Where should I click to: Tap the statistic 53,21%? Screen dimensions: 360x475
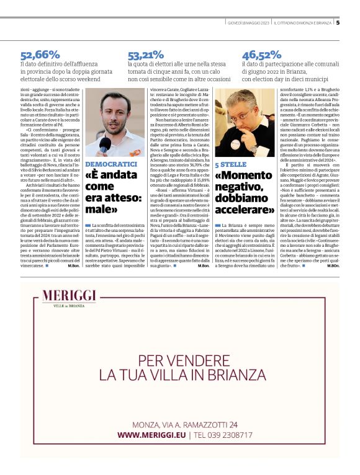tap(146, 55)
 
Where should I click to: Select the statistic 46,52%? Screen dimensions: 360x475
tap(261, 55)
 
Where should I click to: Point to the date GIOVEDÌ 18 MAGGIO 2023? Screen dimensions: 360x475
tap(248, 23)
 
